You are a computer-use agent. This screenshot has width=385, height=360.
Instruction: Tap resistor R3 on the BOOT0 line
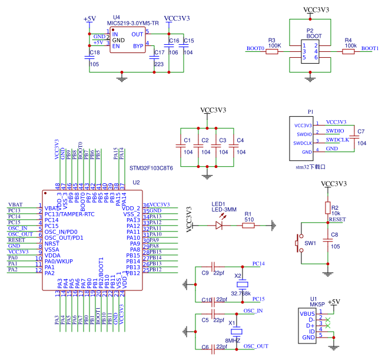(271, 51)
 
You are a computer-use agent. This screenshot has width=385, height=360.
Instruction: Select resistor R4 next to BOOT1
(349, 51)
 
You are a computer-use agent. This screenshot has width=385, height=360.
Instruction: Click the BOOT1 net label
(370, 48)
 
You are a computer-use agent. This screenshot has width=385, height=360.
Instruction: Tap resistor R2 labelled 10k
(328, 207)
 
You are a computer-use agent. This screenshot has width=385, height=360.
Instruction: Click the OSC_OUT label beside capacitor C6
(256, 346)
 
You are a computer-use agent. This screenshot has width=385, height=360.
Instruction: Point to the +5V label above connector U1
(334, 302)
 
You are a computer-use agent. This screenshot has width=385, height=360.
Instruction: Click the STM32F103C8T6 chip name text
(151, 168)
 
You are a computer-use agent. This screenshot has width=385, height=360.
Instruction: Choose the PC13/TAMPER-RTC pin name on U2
(69, 214)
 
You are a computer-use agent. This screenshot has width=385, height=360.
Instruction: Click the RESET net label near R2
(337, 219)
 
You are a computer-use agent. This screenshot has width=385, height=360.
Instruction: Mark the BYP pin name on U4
(138, 46)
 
